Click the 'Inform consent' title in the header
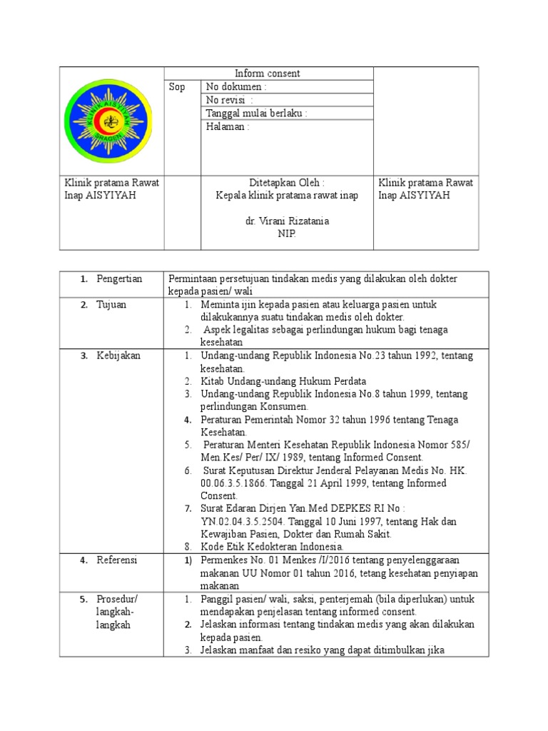point(268,74)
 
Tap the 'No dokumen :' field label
point(236,87)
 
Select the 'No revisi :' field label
point(229,100)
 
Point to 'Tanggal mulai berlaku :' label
point(257,114)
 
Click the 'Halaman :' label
point(228,127)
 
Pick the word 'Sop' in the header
point(177,87)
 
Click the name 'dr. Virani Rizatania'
point(287,221)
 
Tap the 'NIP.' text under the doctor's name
point(287,234)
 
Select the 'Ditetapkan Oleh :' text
point(287,183)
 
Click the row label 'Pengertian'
point(120,278)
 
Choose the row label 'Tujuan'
point(112,304)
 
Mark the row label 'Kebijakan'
point(118,356)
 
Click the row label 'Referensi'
point(118,560)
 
